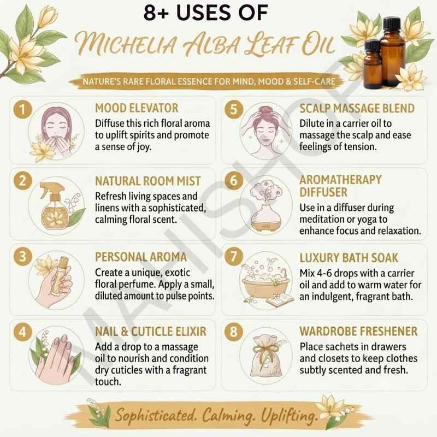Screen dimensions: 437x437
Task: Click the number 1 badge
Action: point(22,109)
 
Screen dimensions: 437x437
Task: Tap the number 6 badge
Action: point(234,181)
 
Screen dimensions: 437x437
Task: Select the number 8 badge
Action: point(234,332)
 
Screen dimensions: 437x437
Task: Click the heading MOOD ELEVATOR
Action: point(137,108)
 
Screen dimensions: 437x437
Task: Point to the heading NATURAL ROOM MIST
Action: point(147,181)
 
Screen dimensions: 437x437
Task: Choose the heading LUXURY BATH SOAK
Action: point(349,258)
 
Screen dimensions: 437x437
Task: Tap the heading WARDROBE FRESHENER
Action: point(358,332)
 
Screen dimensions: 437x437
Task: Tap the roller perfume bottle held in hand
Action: point(60,275)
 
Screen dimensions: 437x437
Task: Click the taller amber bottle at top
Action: point(392,51)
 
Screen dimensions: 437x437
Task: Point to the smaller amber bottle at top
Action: point(373,64)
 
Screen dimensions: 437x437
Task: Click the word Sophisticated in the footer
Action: point(155,416)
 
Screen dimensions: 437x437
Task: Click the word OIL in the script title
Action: point(318,45)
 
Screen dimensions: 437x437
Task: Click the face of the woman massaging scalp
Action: point(265,131)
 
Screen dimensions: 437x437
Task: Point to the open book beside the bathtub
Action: point(280,300)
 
